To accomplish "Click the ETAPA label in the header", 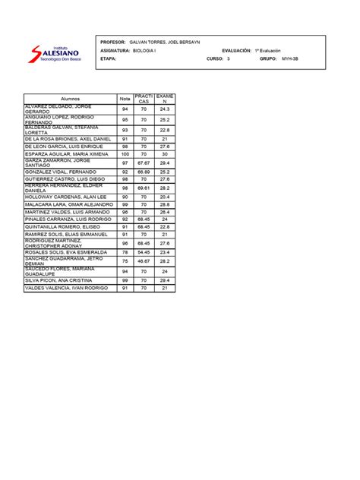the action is coord(111,58).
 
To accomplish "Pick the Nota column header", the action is coord(124,99).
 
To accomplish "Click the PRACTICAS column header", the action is coord(143,99).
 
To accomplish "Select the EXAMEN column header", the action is coord(164,99).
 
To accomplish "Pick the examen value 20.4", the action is coord(164,197).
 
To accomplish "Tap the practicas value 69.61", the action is coord(143,187).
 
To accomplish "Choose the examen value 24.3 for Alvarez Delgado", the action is coord(164,109).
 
